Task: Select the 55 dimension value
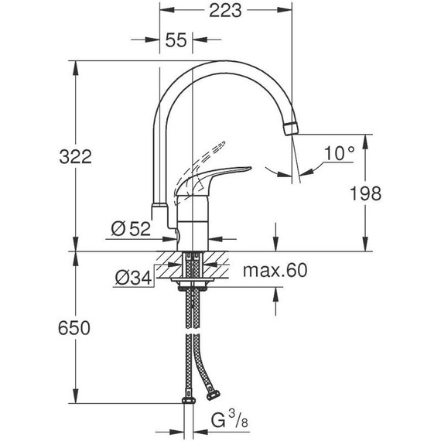176,41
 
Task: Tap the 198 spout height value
364,193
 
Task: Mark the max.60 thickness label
275,270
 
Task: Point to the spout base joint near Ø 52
158,210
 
